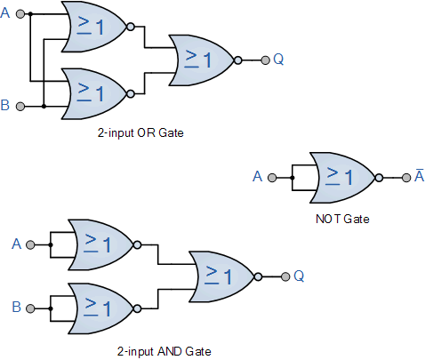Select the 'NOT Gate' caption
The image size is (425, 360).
point(343,218)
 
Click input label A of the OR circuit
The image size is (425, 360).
point(6,14)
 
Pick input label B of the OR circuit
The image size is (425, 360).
point(6,106)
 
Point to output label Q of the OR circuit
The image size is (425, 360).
point(278,60)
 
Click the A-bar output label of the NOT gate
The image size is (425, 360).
point(418,176)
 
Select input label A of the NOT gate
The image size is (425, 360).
point(258,177)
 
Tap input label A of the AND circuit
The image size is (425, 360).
point(16,244)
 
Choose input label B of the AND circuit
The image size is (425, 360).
point(16,307)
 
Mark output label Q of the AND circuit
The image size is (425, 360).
point(299,276)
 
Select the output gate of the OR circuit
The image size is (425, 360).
point(203,60)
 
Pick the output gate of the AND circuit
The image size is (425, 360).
point(223,276)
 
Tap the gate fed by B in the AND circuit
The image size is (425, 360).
point(100,307)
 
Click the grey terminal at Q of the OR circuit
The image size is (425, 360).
point(264,60)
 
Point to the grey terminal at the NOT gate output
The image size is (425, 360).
point(404,177)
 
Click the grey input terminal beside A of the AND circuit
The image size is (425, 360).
point(30,244)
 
